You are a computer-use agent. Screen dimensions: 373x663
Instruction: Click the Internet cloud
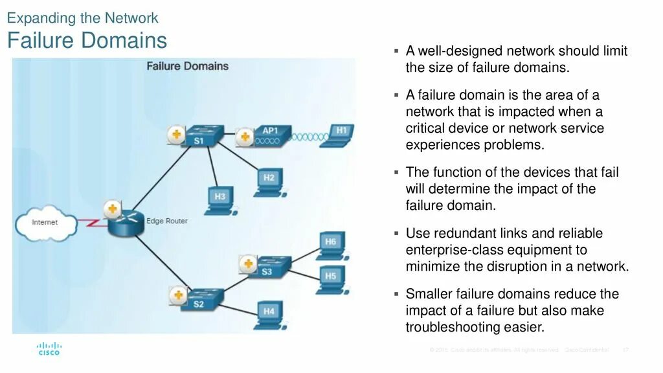[45, 222]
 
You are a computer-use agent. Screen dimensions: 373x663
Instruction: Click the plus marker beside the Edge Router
[112, 209]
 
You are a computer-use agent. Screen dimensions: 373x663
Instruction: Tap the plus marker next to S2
[177, 295]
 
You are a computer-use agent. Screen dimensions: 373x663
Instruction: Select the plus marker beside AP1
[244, 137]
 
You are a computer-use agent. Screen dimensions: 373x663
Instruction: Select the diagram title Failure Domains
[187, 66]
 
